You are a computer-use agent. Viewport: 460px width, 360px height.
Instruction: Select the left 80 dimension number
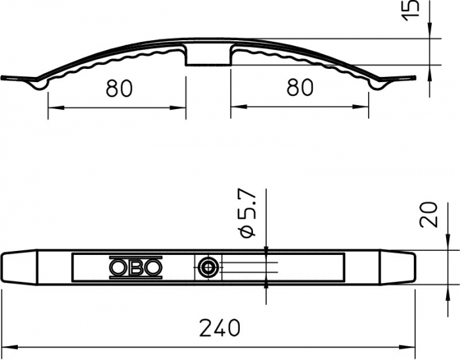click(x=119, y=88)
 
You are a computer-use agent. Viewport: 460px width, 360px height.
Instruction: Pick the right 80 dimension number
click(x=300, y=88)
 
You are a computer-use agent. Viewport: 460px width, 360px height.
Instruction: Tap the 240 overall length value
click(x=219, y=326)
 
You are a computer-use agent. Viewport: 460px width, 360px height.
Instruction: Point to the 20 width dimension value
click(x=429, y=214)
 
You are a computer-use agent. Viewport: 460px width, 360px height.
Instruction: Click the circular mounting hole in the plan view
click(x=208, y=267)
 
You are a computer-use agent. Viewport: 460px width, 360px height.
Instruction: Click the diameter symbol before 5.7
click(x=248, y=231)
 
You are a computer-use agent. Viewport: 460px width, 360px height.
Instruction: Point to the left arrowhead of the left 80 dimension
click(x=53, y=106)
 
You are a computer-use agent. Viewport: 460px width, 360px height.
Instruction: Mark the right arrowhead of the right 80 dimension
click(x=364, y=106)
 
